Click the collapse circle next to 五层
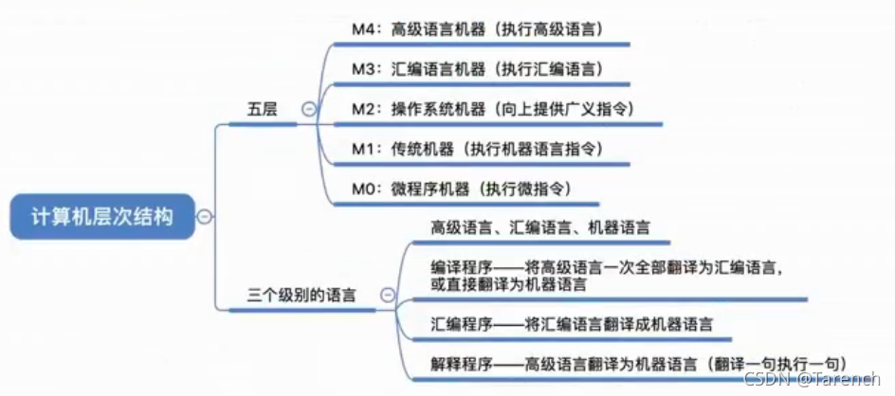point(307,109)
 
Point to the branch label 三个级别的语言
point(301,295)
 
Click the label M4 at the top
point(364,28)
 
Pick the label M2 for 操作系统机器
point(364,109)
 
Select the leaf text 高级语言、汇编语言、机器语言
point(540,227)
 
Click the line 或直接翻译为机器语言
point(508,283)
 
